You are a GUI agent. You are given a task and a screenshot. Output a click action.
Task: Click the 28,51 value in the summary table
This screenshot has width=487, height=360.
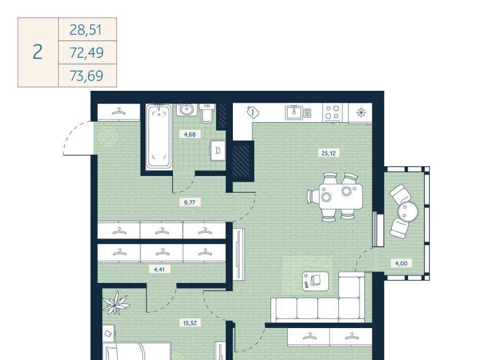pyautogui.click(x=85, y=30)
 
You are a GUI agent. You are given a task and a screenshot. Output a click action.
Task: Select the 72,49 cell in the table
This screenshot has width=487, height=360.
pyautogui.click(x=86, y=53)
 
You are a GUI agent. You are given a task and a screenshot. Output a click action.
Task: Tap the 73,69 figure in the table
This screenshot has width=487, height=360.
pyautogui.click(x=86, y=76)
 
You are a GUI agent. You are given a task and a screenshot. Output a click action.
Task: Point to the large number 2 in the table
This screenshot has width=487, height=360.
pyautogui.click(x=38, y=52)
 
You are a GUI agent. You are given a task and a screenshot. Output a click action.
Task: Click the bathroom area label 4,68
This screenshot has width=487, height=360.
pyautogui.click(x=190, y=134)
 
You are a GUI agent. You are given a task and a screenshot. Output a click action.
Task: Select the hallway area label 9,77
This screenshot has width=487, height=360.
pyautogui.click(x=189, y=203)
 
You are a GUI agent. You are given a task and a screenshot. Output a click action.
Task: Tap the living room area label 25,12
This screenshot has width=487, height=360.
pyautogui.click(x=328, y=153)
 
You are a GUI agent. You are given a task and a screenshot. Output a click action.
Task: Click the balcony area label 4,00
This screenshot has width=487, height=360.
pyautogui.click(x=401, y=264)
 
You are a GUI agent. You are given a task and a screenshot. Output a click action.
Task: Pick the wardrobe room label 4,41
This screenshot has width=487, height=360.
pyautogui.click(x=159, y=269)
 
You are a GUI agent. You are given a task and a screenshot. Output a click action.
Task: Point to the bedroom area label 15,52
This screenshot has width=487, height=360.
pyautogui.click(x=190, y=323)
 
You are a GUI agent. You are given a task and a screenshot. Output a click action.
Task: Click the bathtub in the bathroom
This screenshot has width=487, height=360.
pyautogui.click(x=159, y=136)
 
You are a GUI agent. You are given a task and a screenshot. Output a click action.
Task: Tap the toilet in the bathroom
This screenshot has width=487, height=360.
pyautogui.click(x=206, y=113)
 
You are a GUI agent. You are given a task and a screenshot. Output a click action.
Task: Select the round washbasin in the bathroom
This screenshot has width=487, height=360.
pyautogui.click(x=187, y=109)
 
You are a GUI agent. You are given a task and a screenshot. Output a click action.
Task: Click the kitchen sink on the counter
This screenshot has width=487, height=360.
pyautogui.click(x=294, y=113)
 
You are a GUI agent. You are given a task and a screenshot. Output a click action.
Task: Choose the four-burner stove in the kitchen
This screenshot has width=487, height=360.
pyautogui.click(x=332, y=113)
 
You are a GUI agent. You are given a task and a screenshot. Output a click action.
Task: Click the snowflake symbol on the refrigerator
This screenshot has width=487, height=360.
pyautogui.click(x=361, y=113)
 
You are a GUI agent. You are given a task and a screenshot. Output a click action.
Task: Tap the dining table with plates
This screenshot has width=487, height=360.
pyautogui.click(x=341, y=196)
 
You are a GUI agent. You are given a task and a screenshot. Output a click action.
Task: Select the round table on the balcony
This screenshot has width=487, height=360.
pyautogui.click(x=408, y=211)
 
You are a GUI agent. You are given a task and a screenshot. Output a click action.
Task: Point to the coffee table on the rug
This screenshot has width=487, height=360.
pyautogui.click(x=316, y=281)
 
